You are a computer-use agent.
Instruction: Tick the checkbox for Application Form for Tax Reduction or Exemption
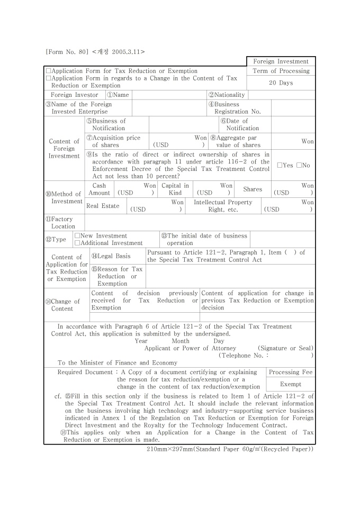point(49,71)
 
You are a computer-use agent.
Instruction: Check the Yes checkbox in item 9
point(280,166)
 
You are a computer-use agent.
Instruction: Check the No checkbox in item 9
point(299,166)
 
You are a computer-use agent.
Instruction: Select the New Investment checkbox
point(77,235)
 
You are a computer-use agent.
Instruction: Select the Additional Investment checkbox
point(77,243)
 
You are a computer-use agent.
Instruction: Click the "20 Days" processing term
point(281,83)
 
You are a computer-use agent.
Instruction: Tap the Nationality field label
point(227,95)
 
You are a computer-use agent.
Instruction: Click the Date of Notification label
point(239,124)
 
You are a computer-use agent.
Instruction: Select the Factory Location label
point(63,223)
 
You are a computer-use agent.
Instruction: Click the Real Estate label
point(103,206)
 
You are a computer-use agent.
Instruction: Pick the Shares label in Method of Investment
point(252,189)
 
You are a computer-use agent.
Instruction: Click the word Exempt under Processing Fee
point(291,384)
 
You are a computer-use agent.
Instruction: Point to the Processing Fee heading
point(291,372)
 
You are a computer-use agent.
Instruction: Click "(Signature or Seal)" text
point(285,348)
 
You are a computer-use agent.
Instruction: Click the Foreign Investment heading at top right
point(281,61)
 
